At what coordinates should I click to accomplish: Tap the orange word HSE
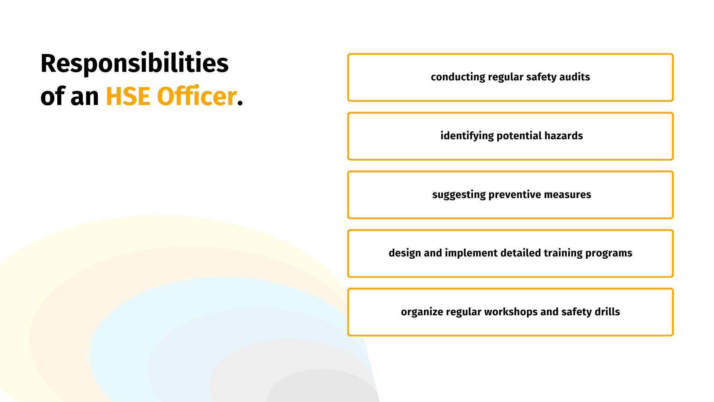point(128,96)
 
